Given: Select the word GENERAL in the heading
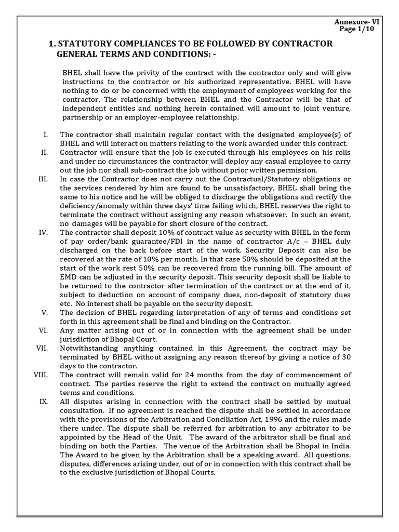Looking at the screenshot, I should pyautogui.click(x=77, y=54).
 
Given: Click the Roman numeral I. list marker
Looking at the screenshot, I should pyautogui.click(x=46, y=135).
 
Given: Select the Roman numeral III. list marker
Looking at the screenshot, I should pyautogui.click(x=43, y=179).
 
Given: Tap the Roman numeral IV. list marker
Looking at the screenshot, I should pyautogui.click(x=43, y=232).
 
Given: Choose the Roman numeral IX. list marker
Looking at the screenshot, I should pyautogui.click(x=44, y=401).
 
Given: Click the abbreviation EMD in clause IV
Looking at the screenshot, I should pyautogui.click(x=68, y=276).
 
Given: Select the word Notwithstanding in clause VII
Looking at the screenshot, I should pyautogui.click(x=87, y=348).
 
